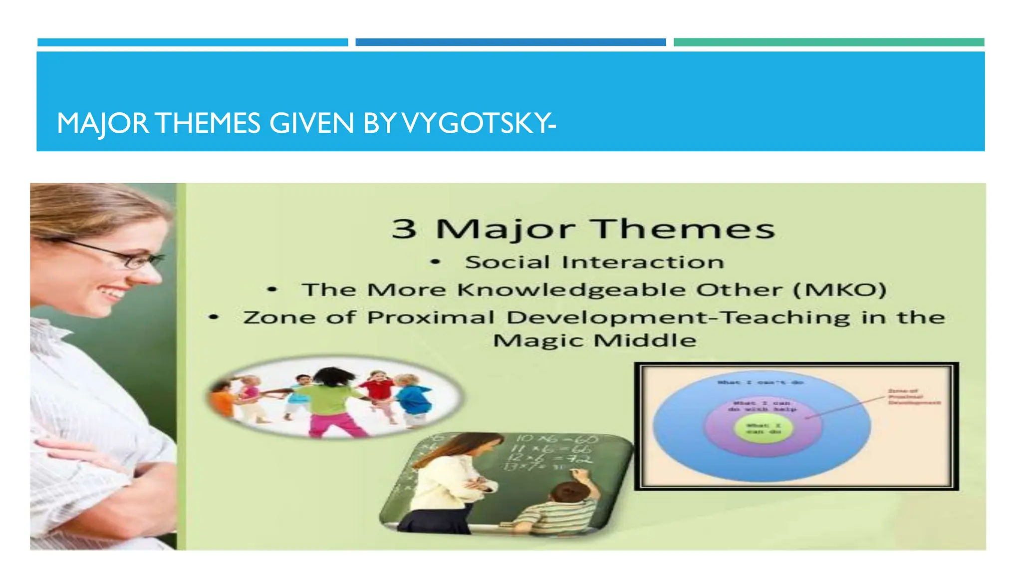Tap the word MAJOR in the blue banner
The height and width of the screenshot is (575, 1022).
pos(102,123)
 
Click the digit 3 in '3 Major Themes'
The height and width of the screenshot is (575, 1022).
pos(404,229)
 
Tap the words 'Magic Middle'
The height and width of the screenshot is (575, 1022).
pos(594,340)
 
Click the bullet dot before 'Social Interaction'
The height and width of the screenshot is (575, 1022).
pos(436,262)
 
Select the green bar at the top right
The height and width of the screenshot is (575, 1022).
pos(828,42)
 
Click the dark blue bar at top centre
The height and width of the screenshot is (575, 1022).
pos(511,42)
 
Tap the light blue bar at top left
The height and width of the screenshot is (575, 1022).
pos(193,42)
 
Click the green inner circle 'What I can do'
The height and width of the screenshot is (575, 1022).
pos(763,428)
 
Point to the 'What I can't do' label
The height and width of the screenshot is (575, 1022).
pos(760,382)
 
